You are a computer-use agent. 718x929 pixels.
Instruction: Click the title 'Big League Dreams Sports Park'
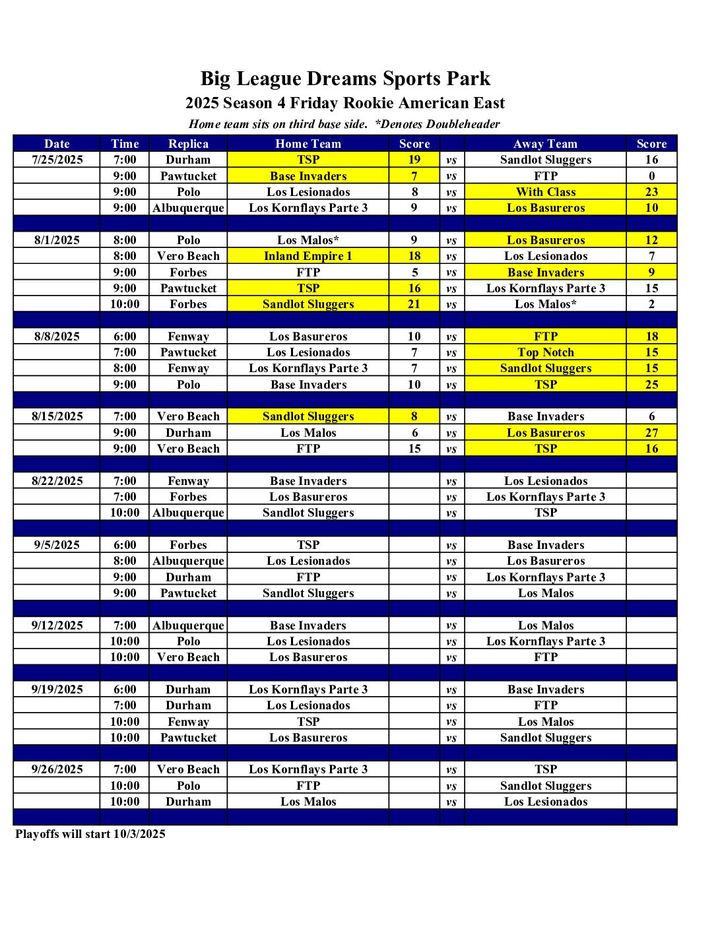click(x=345, y=79)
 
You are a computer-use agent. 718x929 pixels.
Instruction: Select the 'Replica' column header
click(x=188, y=144)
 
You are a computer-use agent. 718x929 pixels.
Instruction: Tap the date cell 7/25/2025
click(x=57, y=160)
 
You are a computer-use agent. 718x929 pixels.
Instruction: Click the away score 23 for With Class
click(x=651, y=192)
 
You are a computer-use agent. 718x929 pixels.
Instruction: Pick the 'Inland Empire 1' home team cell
click(x=308, y=256)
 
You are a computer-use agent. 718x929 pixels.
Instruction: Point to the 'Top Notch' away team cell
click(x=546, y=352)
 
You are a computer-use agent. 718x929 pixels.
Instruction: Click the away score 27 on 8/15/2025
click(x=651, y=433)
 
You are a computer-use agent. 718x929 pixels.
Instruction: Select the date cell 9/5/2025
click(x=57, y=545)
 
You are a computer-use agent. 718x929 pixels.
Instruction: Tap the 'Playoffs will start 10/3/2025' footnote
click(x=90, y=834)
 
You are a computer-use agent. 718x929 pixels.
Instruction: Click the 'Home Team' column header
click(x=308, y=144)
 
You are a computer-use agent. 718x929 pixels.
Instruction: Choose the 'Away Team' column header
click(x=546, y=144)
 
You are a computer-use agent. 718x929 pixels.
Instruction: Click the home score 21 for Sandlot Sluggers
click(x=414, y=304)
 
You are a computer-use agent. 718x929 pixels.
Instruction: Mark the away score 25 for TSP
click(x=651, y=385)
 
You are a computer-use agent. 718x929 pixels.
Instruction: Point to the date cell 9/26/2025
click(x=57, y=769)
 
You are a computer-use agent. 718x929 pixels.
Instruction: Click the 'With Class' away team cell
click(x=546, y=192)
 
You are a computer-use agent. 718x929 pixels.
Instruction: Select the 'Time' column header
click(x=125, y=144)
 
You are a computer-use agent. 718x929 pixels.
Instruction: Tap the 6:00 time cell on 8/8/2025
click(x=125, y=336)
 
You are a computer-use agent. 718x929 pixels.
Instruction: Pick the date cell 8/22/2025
click(x=57, y=481)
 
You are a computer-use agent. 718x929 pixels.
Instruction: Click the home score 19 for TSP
click(x=414, y=160)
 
